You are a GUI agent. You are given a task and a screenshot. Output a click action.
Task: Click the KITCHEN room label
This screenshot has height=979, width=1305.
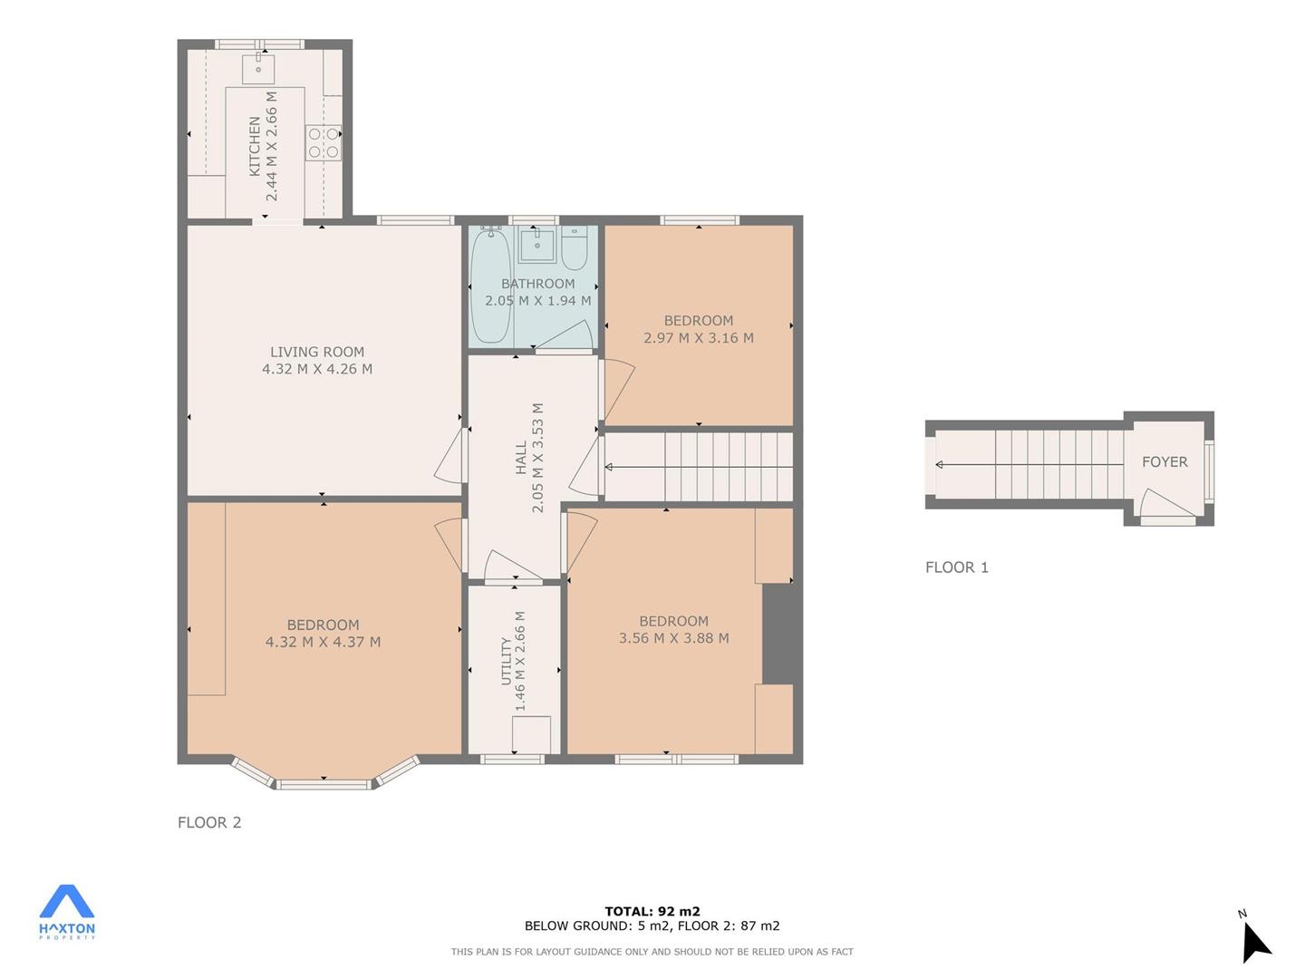[255, 146]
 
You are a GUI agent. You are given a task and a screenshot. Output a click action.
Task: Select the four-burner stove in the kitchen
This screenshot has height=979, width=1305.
[324, 142]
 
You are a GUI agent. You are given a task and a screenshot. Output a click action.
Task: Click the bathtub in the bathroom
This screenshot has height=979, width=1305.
[490, 286]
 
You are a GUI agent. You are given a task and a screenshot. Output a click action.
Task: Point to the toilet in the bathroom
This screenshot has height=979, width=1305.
[575, 248]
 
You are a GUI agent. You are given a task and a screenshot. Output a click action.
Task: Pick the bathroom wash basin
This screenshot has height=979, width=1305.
[537, 245]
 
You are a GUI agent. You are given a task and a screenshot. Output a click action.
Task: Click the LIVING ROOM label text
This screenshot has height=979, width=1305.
[317, 352]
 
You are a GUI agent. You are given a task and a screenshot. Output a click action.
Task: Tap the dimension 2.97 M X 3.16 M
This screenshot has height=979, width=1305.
[699, 338]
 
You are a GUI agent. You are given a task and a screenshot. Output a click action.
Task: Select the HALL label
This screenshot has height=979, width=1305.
[521, 458]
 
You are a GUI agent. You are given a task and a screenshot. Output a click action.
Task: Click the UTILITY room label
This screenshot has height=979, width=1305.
[506, 661]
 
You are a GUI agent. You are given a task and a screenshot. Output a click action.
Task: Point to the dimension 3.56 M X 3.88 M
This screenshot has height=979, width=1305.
[673, 638]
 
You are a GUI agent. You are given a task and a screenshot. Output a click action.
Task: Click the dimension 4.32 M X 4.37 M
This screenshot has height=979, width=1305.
[323, 642]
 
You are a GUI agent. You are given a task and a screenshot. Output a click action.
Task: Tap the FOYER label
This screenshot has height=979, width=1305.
[1165, 462]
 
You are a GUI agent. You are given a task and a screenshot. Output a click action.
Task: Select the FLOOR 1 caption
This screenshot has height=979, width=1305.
[957, 567]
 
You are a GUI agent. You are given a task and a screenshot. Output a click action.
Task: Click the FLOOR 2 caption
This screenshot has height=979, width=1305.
[209, 822]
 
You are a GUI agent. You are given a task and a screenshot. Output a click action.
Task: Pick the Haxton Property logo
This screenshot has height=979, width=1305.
[66, 913]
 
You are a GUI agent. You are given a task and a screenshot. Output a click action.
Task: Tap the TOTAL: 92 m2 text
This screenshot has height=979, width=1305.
[652, 911]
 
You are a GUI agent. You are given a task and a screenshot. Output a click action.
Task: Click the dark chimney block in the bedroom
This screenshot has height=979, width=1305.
[778, 635]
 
